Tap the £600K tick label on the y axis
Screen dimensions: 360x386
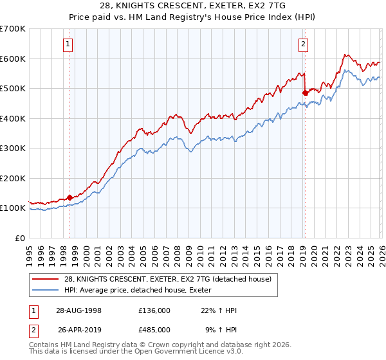(12, 59)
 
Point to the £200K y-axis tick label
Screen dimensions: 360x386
(12, 178)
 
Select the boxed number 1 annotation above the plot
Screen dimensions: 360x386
(68, 44)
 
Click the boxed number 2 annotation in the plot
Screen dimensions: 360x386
(303, 44)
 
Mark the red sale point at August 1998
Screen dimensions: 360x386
(70, 197)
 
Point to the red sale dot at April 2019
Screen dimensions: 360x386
(305, 93)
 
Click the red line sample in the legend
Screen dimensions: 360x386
(46, 279)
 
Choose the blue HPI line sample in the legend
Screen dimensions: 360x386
(46, 290)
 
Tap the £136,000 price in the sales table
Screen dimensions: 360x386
(154, 310)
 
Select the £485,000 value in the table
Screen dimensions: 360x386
(154, 330)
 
